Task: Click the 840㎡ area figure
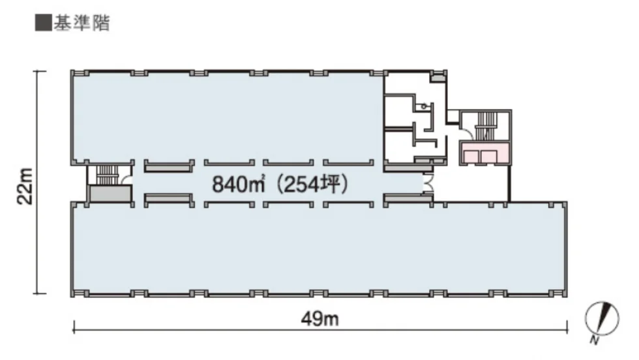pos(238,185)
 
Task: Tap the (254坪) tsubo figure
pos(312,185)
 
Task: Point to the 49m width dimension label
pos(320,318)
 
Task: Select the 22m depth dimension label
pos(25,186)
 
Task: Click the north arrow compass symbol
pos(602,318)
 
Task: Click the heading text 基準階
pos(82,23)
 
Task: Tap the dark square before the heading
pos(43,23)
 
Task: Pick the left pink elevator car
pos(471,157)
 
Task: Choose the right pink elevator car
pos(488,157)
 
